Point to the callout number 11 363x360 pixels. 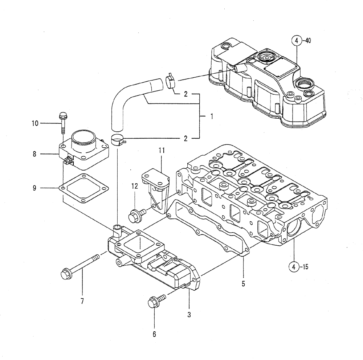[161, 150]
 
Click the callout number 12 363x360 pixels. [135, 186]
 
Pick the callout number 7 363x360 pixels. [82, 301]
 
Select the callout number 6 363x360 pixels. [154, 334]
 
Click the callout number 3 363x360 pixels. [189, 315]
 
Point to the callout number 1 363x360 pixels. [211, 116]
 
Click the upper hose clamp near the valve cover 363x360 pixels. [170, 81]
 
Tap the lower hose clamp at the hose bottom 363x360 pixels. [118, 139]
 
